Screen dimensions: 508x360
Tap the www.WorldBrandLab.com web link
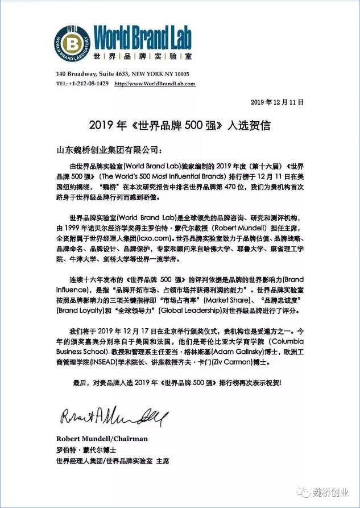point(155,84)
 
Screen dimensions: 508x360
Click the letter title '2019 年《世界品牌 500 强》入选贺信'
point(180,125)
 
